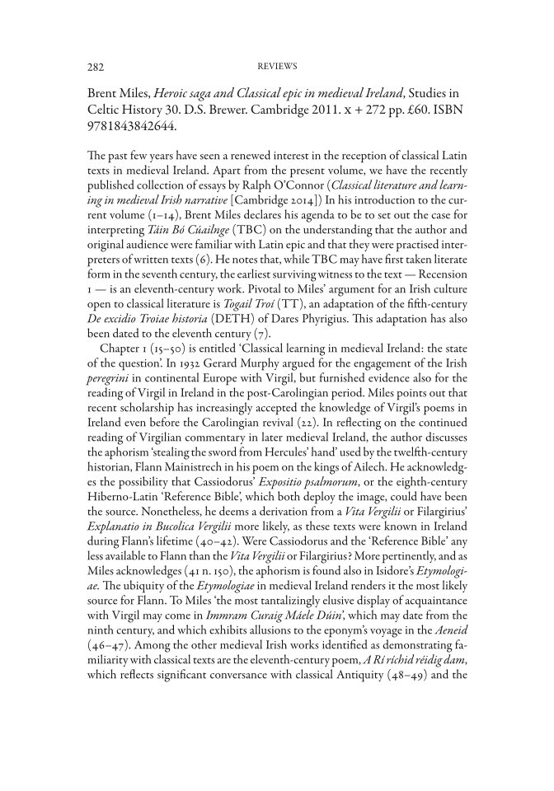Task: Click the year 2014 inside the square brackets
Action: click(x=338, y=205)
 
